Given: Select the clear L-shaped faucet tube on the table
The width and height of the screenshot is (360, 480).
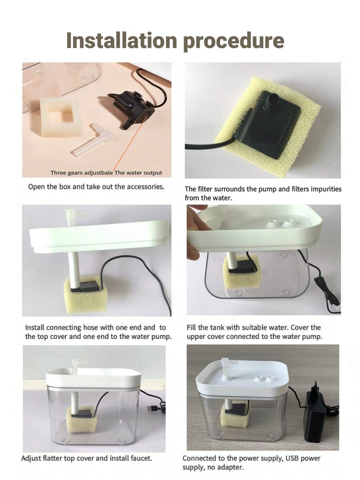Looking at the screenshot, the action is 91,140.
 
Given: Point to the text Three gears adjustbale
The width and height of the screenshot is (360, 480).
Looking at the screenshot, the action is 82,173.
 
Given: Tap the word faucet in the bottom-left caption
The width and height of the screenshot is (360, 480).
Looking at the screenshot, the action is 141,458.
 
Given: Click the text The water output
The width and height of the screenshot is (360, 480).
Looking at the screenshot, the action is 138,173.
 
